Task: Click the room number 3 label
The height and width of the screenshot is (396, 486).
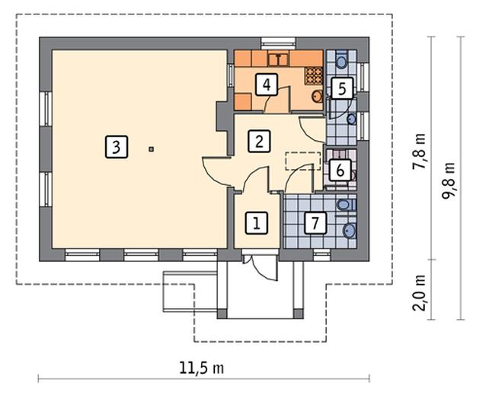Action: point(114,146)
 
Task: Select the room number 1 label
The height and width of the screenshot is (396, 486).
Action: point(257,223)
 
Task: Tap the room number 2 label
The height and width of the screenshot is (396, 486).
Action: point(259,140)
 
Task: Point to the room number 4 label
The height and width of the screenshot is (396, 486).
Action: point(265,84)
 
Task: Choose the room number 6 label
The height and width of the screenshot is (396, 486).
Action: point(341,171)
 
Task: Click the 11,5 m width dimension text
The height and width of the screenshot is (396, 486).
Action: point(201,367)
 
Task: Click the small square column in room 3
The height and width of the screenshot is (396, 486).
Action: point(152,148)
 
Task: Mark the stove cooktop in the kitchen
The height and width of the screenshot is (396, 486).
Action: point(313,75)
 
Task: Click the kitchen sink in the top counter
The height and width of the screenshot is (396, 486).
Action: point(280,57)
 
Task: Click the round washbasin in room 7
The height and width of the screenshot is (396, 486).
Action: point(349,232)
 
